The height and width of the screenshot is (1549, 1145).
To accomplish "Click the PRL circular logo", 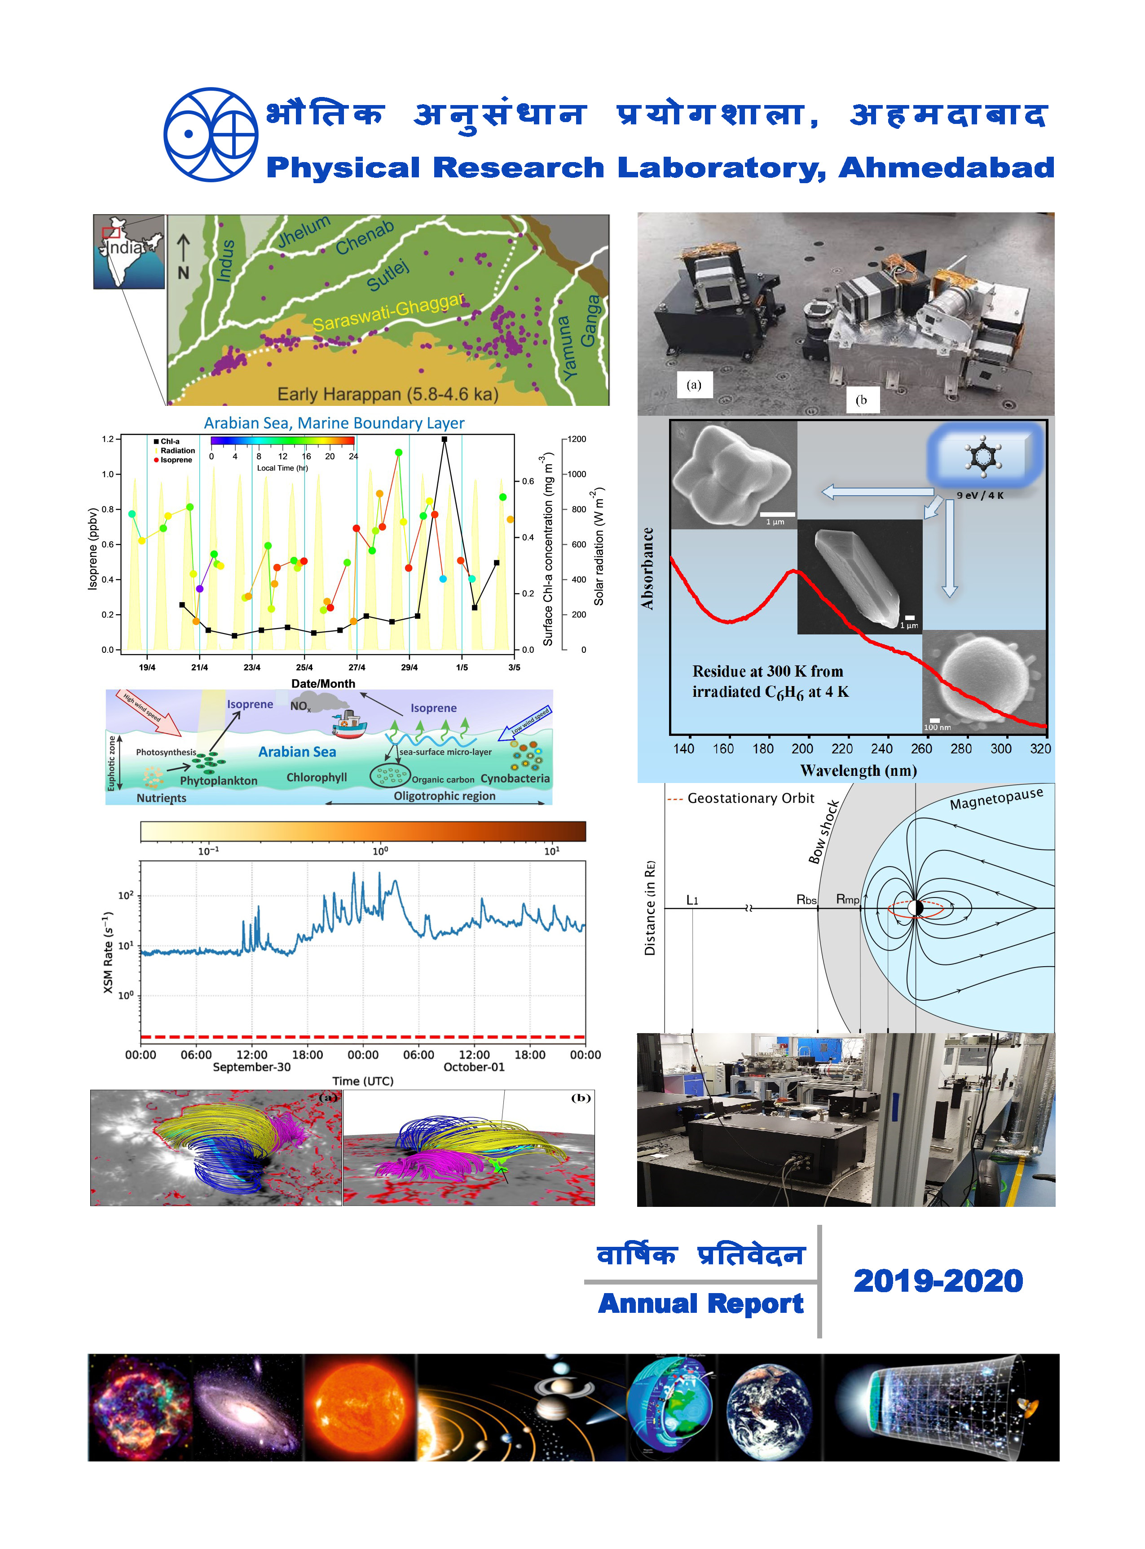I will pos(210,134).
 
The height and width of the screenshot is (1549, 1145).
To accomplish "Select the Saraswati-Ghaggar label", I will pos(388,312).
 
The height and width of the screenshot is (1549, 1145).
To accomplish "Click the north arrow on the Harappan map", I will pos(183,256).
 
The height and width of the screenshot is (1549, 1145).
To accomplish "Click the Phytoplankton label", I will pos(218,780).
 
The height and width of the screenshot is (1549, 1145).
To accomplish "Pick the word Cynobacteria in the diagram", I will pos(515,778).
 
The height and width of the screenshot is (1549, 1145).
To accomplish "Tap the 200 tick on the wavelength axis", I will pos(802,748).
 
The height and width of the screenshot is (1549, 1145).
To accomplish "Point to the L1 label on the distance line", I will pos(691,900).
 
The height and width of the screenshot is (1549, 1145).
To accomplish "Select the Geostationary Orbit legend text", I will pos(750,798).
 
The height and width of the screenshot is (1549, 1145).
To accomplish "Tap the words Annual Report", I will pos(701,1304).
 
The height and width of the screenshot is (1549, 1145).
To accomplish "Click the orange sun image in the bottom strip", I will pos(361,1408).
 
